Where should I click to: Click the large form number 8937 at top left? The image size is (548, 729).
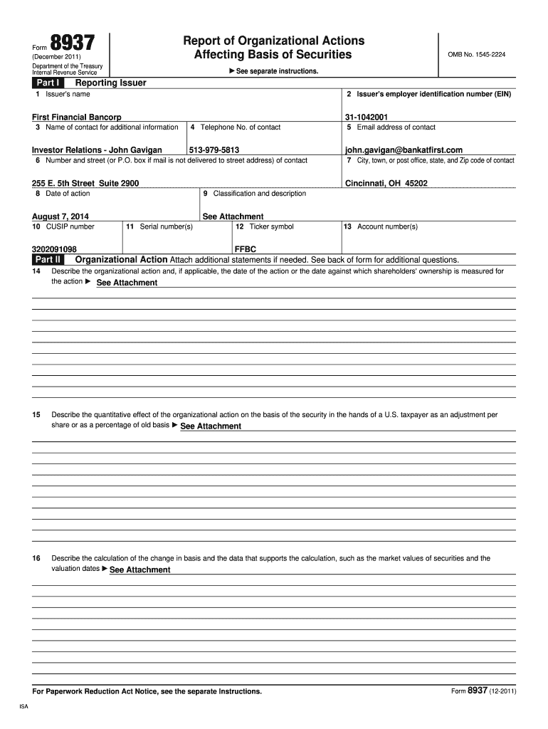(x=71, y=44)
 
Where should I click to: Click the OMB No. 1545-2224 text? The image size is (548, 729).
(x=476, y=55)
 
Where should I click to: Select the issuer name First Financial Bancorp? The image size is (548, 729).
(x=77, y=117)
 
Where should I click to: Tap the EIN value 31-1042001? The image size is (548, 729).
(x=367, y=117)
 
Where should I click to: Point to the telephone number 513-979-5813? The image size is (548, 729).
(x=214, y=150)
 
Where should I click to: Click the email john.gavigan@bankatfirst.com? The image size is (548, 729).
(x=404, y=150)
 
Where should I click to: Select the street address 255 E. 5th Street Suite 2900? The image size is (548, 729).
(x=85, y=183)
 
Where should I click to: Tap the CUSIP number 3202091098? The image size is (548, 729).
(x=54, y=249)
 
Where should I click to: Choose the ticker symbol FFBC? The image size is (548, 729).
(x=245, y=249)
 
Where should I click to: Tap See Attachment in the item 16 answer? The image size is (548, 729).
(x=139, y=570)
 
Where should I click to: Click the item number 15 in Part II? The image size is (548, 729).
(x=36, y=414)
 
